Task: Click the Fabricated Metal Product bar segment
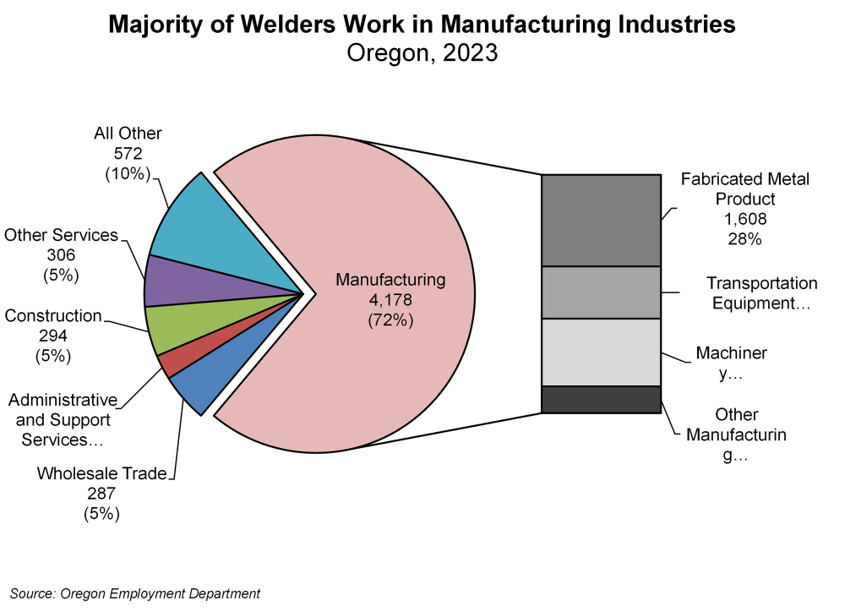pos(600,220)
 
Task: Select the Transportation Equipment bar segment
pos(600,292)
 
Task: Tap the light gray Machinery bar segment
pos(600,352)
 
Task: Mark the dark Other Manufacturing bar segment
pos(600,399)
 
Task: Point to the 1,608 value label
pos(744,219)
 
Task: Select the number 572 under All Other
pos(128,154)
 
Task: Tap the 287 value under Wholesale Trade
pos(101,494)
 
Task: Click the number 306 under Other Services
pos(60,255)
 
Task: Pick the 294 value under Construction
pos(52,336)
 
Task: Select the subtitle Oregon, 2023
pos(422,54)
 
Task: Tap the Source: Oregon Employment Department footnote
pos(135,593)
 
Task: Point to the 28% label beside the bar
pos(744,239)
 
